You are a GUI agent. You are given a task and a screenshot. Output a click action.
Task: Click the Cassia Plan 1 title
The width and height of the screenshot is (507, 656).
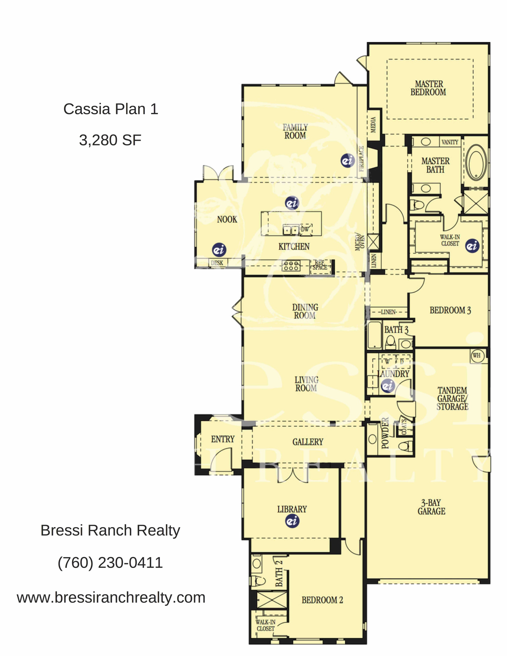(111, 109)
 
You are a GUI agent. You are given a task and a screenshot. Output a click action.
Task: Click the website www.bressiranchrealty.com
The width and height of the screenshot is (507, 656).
(111, 597)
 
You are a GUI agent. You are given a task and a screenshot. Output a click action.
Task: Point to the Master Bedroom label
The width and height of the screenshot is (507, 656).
(428, 88)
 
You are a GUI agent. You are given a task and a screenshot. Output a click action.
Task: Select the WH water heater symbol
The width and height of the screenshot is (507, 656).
(477, 356)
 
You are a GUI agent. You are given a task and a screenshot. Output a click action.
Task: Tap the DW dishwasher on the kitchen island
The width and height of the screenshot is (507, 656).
(305, 229)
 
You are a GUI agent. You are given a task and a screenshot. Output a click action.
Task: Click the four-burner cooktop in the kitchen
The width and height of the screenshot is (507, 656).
(291, 265)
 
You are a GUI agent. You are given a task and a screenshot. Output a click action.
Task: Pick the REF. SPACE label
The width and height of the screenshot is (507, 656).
(320, 265)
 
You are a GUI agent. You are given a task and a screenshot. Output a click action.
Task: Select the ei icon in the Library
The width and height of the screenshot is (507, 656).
(292, 521)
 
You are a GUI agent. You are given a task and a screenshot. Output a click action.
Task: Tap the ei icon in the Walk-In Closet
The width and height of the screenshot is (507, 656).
(472, 246)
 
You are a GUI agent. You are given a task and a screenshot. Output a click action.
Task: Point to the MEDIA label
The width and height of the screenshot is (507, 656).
(373, 124)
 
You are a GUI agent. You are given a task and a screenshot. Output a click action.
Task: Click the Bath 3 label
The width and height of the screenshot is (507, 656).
(396, 329)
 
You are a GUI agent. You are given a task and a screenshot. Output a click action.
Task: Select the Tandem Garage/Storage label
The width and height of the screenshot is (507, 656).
(452, 398)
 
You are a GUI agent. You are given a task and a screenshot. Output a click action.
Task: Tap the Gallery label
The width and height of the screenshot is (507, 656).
(308, 442)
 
